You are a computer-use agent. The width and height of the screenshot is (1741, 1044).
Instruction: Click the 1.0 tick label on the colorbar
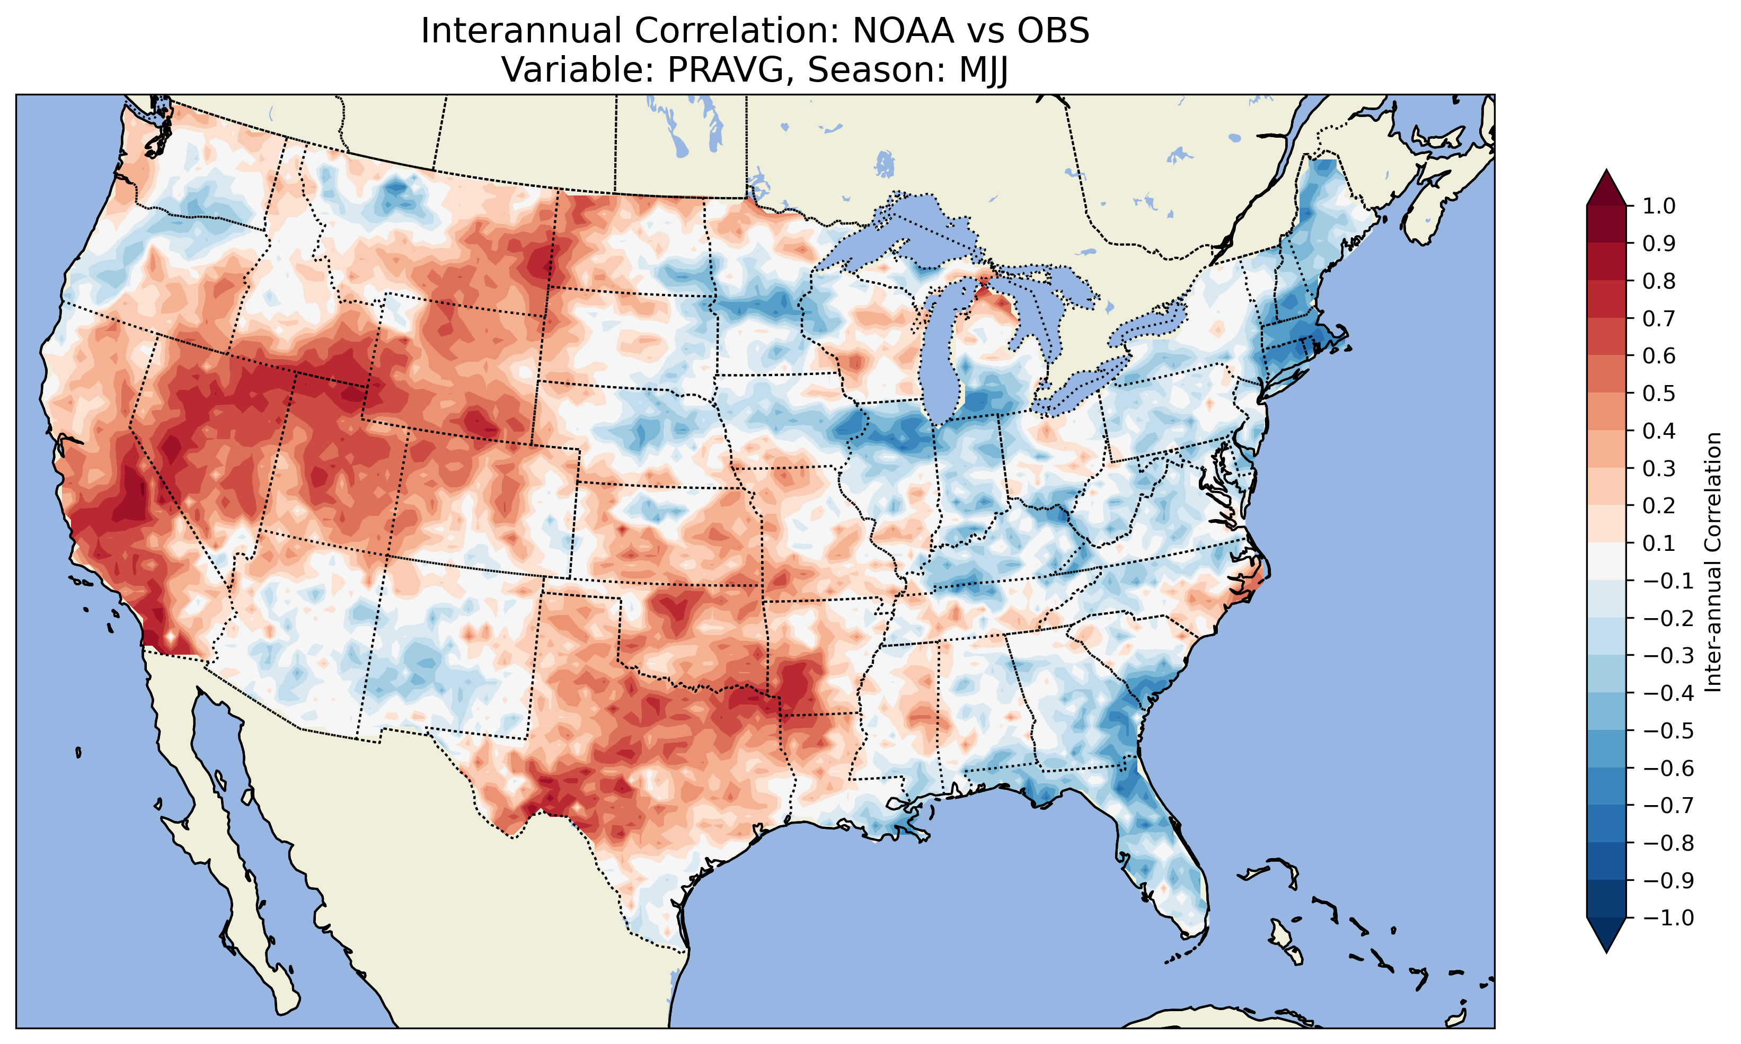1659,206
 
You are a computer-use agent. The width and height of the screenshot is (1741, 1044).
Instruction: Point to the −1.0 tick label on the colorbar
1668,918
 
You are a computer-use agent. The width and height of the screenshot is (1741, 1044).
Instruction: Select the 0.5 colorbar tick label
1659,393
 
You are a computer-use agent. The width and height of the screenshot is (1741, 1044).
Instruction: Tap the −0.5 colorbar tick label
1668,731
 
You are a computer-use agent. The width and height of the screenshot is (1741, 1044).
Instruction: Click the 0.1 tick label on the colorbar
1659,543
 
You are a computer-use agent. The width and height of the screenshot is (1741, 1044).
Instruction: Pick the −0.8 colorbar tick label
1668,843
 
